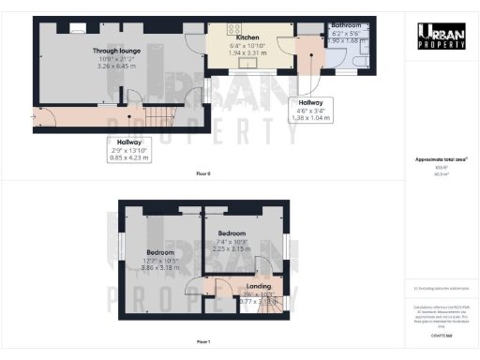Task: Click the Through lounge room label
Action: pyautogui.click(x=116, y=51)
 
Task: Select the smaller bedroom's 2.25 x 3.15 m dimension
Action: pyautogui.click(x=232, y=248)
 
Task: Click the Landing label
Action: pyautogui.click(x=259, y=286)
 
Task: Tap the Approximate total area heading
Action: pyautogui.click(x=441, y=160)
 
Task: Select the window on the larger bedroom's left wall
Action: pyautogui.click(x=120, y=247)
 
